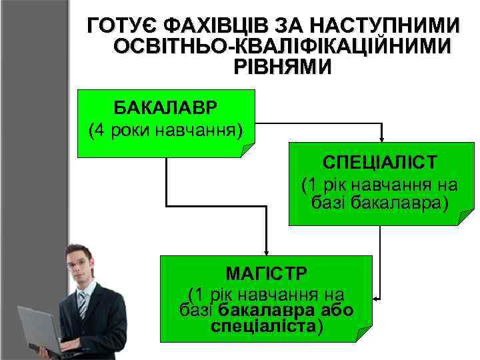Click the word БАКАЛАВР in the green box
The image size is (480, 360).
tap(165, 107)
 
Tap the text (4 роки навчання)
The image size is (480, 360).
tap(165, 129)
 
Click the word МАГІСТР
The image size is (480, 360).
tap(265, 273)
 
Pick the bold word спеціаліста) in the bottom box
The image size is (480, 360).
tap(267, 327)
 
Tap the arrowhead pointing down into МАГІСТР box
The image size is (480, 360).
tap(266, 251)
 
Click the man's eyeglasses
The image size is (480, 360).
tap(79, 263)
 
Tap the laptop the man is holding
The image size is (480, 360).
tap(37, 327)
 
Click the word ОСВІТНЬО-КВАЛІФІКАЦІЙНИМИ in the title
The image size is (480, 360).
tap(282, 47)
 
